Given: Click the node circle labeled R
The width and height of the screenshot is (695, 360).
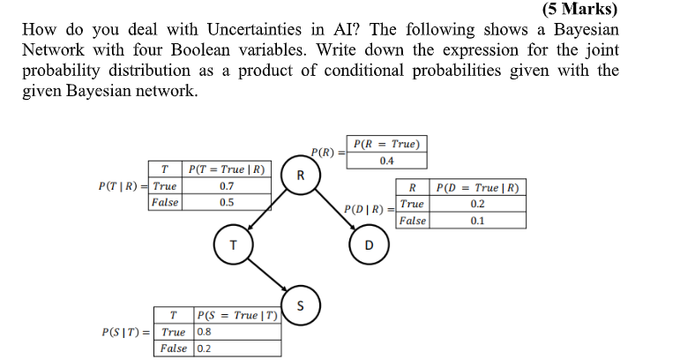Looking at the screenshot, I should coord(301,176).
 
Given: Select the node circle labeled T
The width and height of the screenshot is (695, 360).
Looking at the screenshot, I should coord(233,245).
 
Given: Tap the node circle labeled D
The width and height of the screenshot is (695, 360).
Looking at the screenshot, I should coord(369,244).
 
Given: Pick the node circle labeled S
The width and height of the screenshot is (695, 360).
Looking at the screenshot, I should coord(301,307).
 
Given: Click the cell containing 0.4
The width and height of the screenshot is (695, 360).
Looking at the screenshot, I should coord(386,161).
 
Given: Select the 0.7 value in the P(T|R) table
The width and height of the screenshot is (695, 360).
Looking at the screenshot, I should coord(227,186).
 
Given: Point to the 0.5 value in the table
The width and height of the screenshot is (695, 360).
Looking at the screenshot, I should coord(227,202).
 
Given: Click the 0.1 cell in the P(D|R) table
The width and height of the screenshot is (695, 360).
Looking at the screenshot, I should coord(477,221).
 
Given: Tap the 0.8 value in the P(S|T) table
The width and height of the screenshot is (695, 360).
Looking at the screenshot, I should coord(205,332).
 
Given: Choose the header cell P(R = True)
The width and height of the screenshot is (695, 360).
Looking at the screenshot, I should coord(386,144).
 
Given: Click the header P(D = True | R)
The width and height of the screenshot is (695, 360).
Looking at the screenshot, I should coord(477,187).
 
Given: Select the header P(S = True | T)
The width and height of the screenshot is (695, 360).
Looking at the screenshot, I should coord(236,315).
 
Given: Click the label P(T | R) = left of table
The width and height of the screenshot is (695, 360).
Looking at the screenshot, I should coord(123,186).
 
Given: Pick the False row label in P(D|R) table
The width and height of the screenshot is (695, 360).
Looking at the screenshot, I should coord(412,221).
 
